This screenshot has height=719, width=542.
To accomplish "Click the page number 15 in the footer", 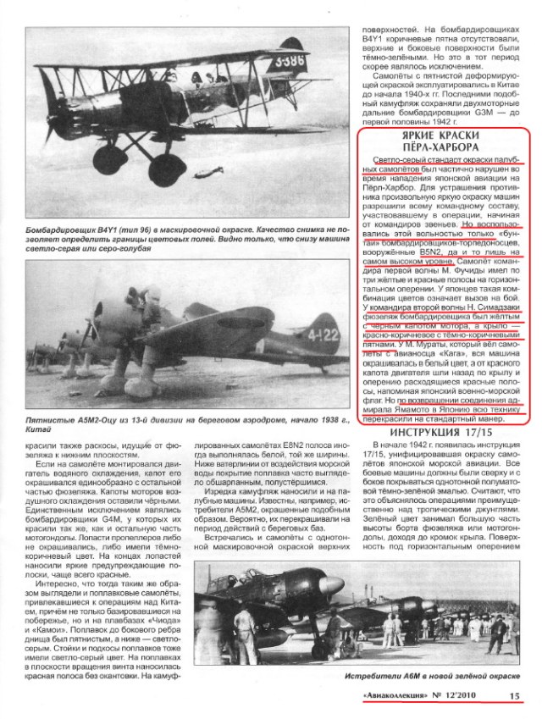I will pyautogui.click(x=514, y=696).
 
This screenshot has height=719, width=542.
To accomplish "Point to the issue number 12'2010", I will pyautogui.click(x=474, y=696).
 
